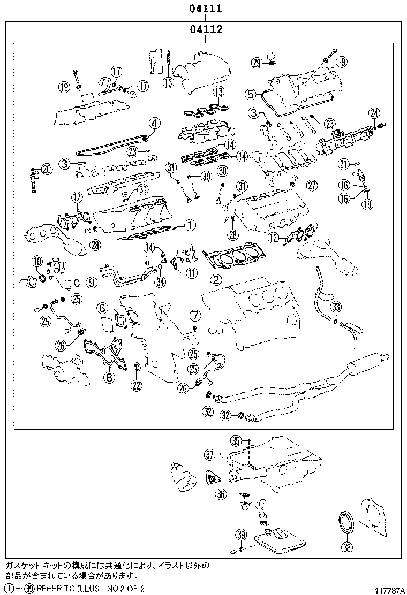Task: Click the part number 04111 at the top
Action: point(205,9)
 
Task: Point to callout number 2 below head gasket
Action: point(215,279)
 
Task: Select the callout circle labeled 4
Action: point(154,124)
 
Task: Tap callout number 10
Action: point(36,262)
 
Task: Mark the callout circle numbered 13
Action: point(218,92)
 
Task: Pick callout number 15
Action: point(169,82)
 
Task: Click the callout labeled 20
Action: point(47,170)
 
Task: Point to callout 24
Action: point(374,113)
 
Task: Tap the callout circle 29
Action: point(257,63)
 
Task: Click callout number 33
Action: point(336,307)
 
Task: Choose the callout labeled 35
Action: point(236,441)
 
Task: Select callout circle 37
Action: point(209,455)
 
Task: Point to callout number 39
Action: point(241,535)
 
